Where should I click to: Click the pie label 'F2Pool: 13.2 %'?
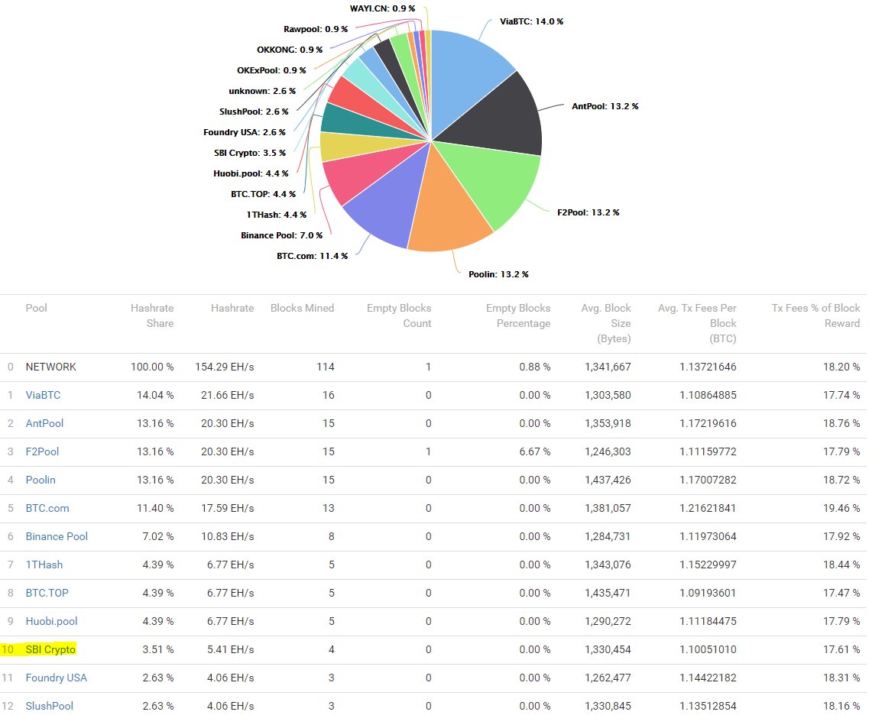(589, 212)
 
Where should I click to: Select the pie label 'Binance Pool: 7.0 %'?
(281, 235)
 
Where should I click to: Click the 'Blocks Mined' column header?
(302, 308)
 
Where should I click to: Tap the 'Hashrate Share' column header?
(152, 315)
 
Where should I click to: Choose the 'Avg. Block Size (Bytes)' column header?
(605, 323)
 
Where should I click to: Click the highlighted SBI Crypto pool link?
(50, 649)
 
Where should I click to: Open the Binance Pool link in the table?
(57, 536)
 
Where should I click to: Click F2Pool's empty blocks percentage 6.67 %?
(533, 451)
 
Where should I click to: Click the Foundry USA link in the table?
(57, 678)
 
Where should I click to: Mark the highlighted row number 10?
(8, 649)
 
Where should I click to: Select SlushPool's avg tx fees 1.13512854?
(708, 706)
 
